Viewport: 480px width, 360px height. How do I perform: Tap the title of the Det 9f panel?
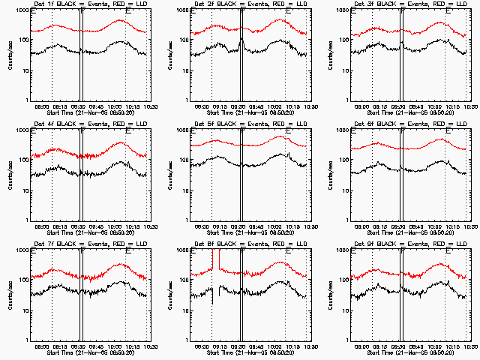pos(409,244)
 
